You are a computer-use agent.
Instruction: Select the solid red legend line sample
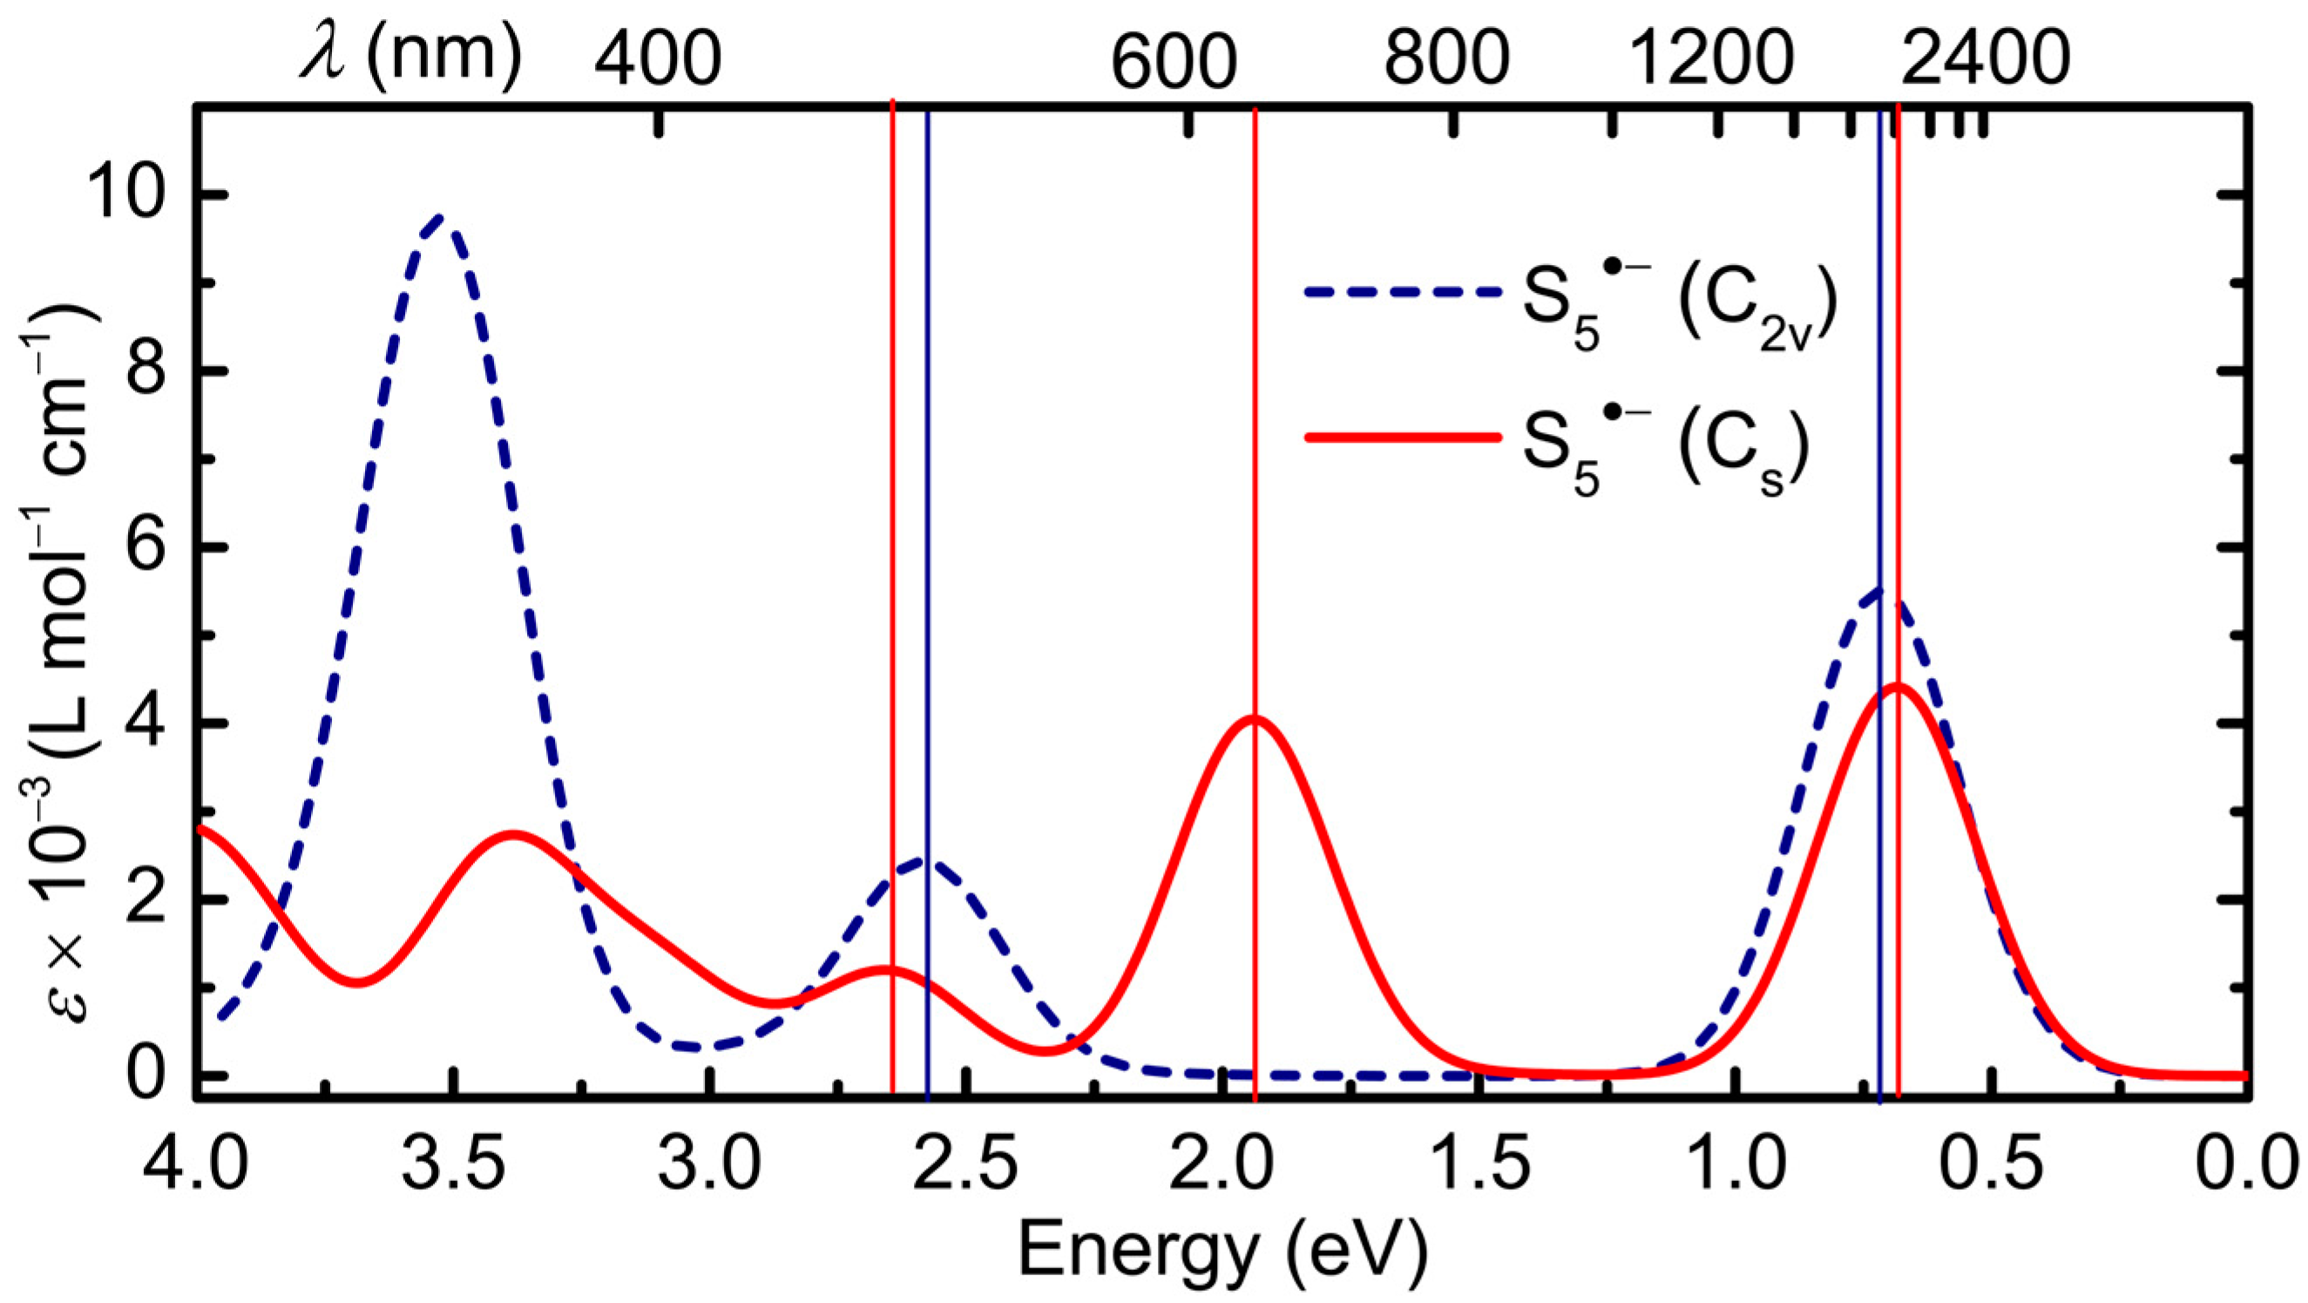(x=1402, y=438)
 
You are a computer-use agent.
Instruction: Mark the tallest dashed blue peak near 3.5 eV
(x=439, y=217)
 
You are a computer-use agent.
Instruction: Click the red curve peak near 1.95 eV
(x=1255, y=717)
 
